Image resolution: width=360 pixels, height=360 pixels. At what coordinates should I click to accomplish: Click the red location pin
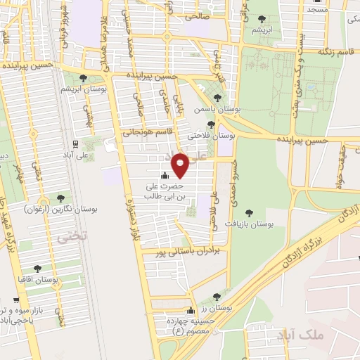tap(181, 165)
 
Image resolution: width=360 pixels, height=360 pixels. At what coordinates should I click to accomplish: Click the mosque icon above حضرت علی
tap(165, 175)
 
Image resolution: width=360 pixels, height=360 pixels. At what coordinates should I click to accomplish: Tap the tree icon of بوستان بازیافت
tap(247, 212)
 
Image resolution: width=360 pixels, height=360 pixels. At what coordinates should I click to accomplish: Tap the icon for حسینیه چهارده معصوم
tap(190, 311)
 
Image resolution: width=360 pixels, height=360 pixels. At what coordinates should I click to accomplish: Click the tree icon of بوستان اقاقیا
tap(37, 268)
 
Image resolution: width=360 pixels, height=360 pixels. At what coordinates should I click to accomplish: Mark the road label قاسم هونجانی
tap(148, 131)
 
